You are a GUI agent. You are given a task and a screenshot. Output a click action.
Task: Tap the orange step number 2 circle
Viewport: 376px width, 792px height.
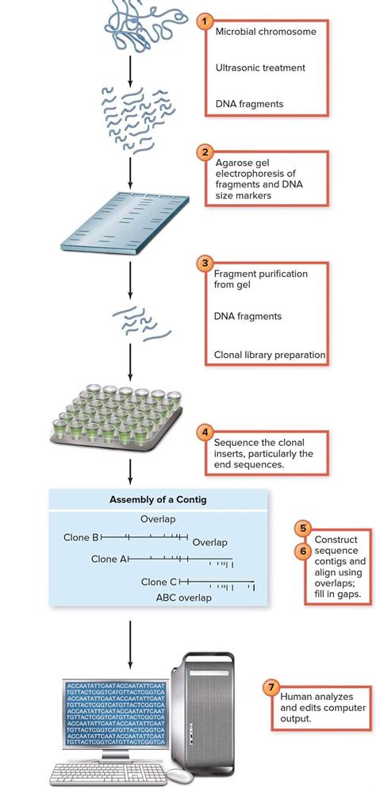(x=206, y=152)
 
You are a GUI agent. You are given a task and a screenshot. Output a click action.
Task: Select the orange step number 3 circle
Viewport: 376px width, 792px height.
(x=206, y=263)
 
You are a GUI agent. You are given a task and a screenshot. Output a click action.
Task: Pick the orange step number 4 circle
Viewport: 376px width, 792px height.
(x=206, y=433)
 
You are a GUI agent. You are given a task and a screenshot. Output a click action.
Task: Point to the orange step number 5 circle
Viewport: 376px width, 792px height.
(x=302, y=528)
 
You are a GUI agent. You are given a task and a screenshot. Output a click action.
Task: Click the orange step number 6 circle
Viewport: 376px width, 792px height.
(x=302, y=549)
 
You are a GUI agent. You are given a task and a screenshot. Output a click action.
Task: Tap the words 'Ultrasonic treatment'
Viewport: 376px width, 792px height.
(x=260, y=68)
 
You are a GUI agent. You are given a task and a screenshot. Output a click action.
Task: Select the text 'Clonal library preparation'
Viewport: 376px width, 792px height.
(x=270, y=355)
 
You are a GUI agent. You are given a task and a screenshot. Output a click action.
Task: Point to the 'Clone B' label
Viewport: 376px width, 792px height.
(x=81, y=537)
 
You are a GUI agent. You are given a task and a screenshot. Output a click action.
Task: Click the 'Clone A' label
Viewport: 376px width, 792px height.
(x=109, y=559)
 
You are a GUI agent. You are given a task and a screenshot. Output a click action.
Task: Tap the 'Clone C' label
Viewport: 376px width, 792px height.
(x=159, y=582)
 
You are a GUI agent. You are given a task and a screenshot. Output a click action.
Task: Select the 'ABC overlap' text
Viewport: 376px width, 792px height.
(x=183, y=598)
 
